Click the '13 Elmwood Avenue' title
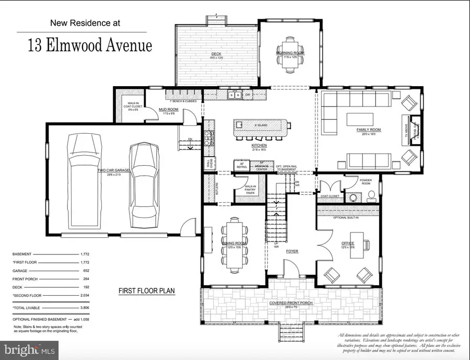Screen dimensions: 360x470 coord(90,45)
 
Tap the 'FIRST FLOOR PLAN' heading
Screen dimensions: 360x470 coord(146,291)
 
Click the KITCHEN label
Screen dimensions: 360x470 coord(259,145)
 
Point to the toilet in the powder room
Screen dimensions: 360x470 coord(371,195)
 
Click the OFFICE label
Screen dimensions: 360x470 coord(348,243)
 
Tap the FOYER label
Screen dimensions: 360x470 coord(291,251)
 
